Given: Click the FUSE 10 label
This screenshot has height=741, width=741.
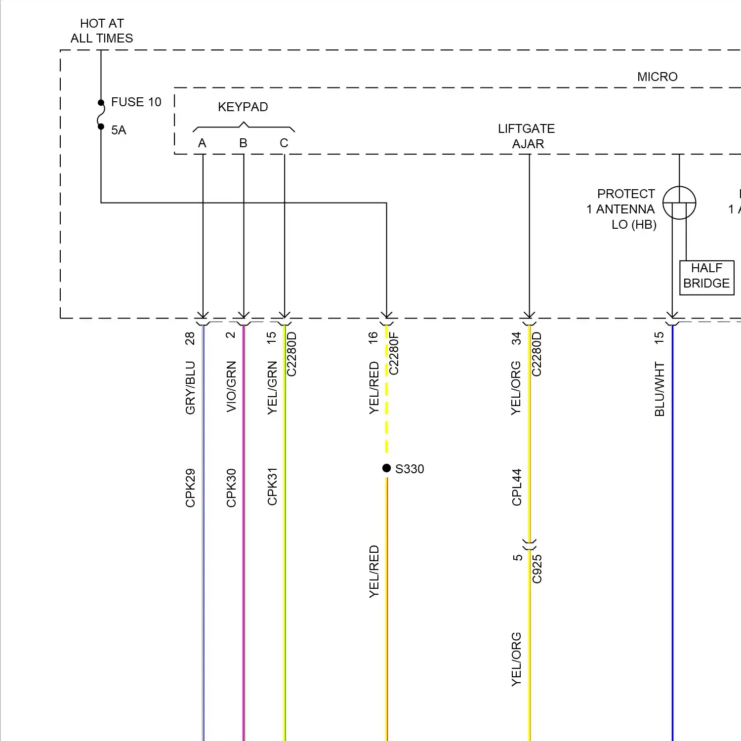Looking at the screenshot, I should [136, 102].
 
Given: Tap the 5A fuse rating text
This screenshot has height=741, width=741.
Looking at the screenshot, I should [119, 130].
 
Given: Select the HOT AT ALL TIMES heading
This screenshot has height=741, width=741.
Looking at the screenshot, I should [102, 31].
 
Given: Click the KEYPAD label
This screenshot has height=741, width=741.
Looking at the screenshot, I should [243, 107].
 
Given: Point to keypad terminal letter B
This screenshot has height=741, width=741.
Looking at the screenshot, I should [243, 143].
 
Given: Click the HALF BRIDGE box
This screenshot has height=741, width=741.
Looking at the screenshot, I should [706, 276].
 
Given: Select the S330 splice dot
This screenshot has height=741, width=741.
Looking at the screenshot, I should [387, 468].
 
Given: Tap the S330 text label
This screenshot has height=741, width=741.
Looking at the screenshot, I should [410, 469].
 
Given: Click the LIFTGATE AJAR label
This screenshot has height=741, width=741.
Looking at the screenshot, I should [527, 136].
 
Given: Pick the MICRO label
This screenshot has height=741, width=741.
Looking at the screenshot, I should [657, 77].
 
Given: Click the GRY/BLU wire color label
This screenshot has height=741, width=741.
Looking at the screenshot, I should [190, 388].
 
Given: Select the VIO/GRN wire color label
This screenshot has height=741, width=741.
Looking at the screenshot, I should [231, 386].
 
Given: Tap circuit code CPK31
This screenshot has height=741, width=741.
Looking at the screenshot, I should [272, 487].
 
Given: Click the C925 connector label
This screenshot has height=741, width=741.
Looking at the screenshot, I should [537, 569].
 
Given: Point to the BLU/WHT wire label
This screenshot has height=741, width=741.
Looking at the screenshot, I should [659, 389].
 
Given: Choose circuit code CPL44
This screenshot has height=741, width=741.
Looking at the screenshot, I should [517, 487].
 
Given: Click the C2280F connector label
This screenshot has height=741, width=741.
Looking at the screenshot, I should [394, 354].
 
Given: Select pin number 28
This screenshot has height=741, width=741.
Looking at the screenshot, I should [190, 338].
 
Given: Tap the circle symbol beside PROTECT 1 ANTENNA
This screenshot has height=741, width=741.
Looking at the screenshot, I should [679, 203].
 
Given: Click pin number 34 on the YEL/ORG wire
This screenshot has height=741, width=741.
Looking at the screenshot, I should [516, 338].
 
